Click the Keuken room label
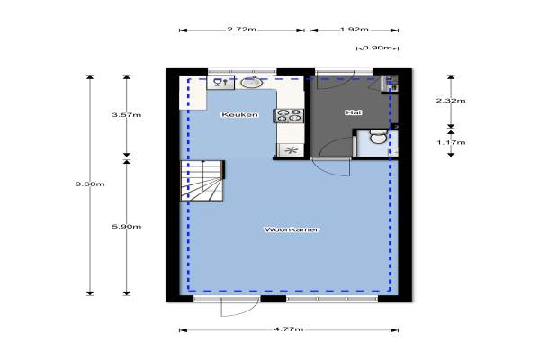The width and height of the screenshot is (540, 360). [x=240, y=114]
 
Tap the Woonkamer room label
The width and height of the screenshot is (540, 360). [x=292, y=229]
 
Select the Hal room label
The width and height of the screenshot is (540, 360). [x=354, y=112]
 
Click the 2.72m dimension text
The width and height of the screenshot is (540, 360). [x=241, y=30]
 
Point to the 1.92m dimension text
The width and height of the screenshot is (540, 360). [x=355, y=30]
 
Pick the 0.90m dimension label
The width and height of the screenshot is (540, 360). [x=377, y=48]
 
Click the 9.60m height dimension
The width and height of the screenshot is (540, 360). [x=90, y=184]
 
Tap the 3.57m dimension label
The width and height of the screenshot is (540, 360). [x=127, y=114]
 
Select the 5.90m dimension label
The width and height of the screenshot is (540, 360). [x=127, y=226]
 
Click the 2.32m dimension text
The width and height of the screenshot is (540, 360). [x=451, y=101]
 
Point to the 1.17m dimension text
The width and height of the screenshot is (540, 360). [x=451, y=142]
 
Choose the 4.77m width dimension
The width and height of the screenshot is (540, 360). [x=289, y=329]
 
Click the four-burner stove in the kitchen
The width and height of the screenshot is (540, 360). [x=289, y=116]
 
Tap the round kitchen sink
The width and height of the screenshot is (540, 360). [x=252, y=83]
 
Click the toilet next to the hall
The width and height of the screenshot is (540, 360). [x=377, y=138]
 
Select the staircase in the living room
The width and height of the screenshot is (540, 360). [x=202, y=181]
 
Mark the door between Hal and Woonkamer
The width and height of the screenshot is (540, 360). [x=331, y=167]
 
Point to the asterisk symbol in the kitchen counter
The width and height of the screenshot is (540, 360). [x=292, y=150]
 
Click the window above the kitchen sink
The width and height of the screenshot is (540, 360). [x=242, y=72]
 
